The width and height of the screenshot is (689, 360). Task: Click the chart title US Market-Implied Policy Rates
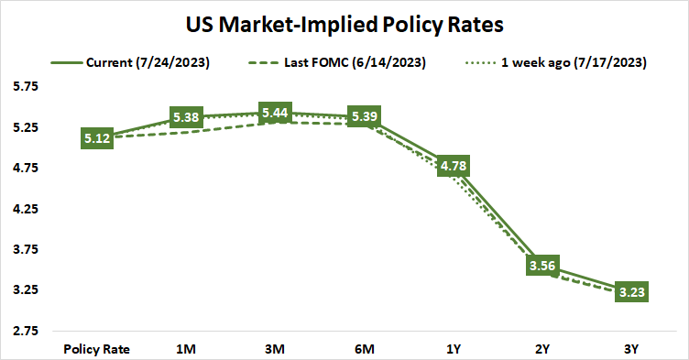344,21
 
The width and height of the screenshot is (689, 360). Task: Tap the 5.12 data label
97,138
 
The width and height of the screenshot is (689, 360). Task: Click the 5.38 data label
186,117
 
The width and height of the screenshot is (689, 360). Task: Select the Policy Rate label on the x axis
97,348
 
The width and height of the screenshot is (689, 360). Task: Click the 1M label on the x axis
186,348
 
